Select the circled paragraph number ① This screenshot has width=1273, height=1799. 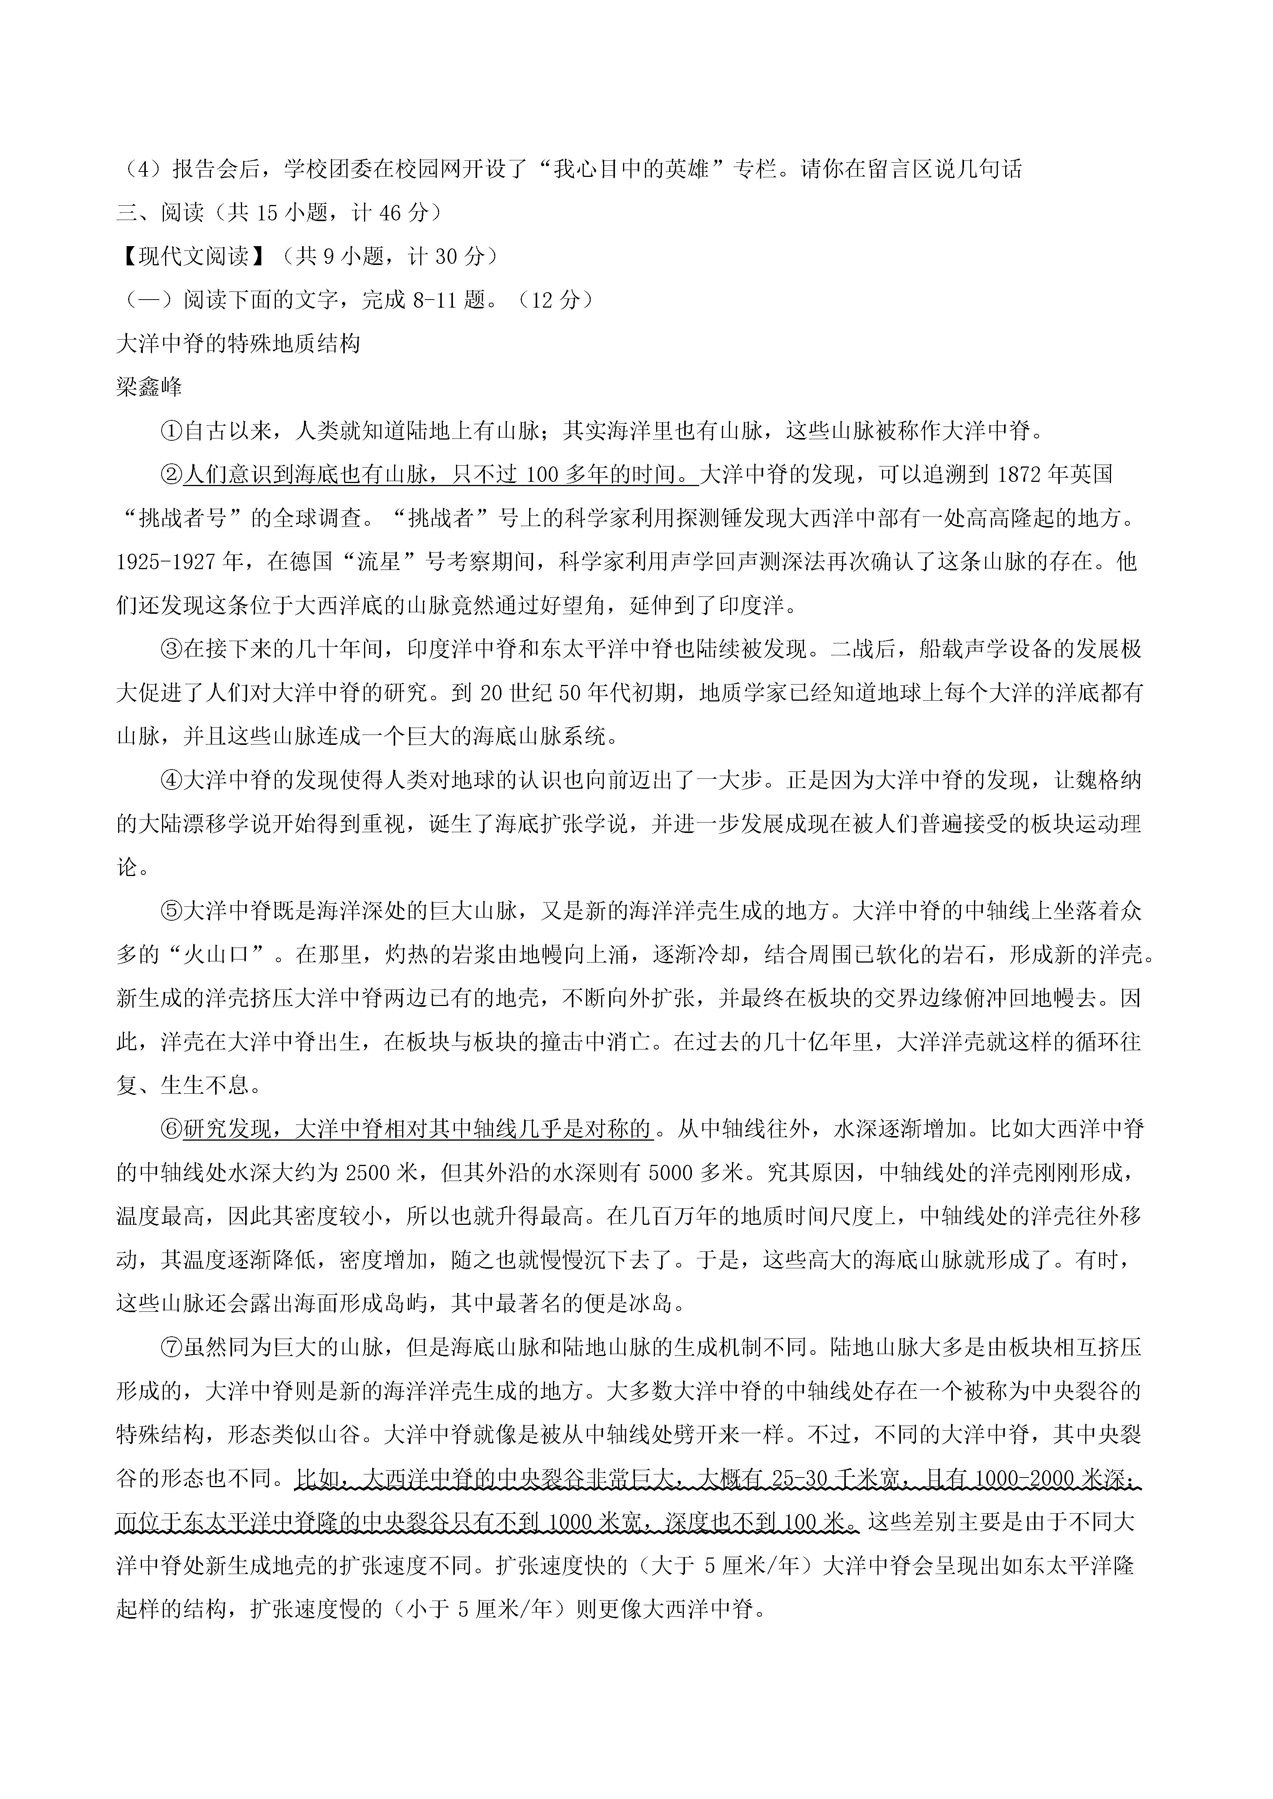[171, 431]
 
